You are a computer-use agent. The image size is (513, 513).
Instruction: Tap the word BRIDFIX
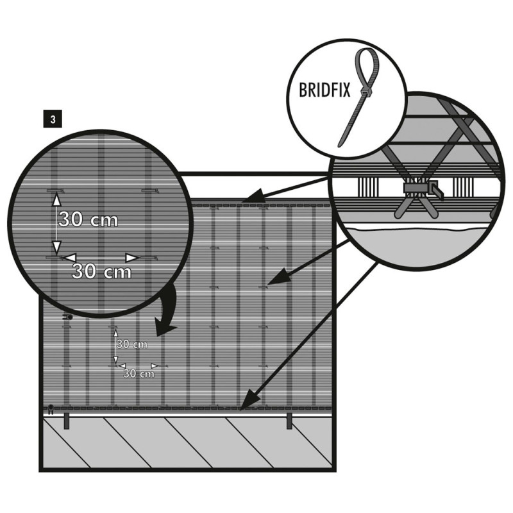pyautogui.click(x=325, y=90)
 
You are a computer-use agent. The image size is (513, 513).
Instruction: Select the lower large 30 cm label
pyautogui.click(x=101, y=271)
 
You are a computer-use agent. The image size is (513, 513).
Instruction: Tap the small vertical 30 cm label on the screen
pyautogui.click(x=132, y=344)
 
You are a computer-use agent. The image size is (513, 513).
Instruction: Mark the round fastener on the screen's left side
pyautogui.click(x=69, y=317)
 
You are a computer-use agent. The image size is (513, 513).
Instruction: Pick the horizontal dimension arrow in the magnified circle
pyautogui.click(x=101, y=257)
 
